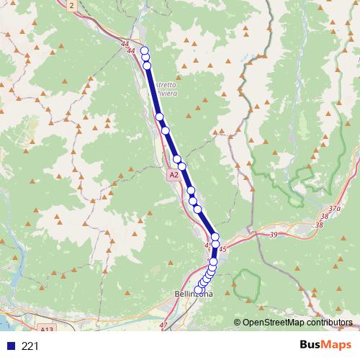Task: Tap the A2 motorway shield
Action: tap(174, 175)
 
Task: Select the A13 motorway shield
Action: tap(47, 328)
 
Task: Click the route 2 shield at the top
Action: tap(72, 5)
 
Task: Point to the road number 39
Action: tap(274, 235)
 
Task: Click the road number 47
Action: tap(163, 325)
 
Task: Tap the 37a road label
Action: tap(334, 209)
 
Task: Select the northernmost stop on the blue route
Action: tap(144, 50)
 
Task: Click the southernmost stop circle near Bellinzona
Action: tap(199, 289)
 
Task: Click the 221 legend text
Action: tap(30, 346)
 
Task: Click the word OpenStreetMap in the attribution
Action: tap(274, 322)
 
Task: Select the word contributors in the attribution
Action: tap(329, 322)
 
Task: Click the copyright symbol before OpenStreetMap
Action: tap(238, 322)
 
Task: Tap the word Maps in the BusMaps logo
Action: tap(338, 346)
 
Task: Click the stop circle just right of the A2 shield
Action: tap(182, 166)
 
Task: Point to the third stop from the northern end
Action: tap(148, 66)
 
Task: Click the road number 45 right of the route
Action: tap(222, 248)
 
